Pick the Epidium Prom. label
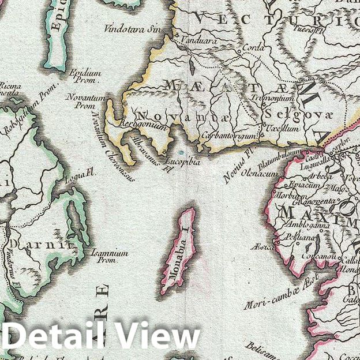85,77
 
